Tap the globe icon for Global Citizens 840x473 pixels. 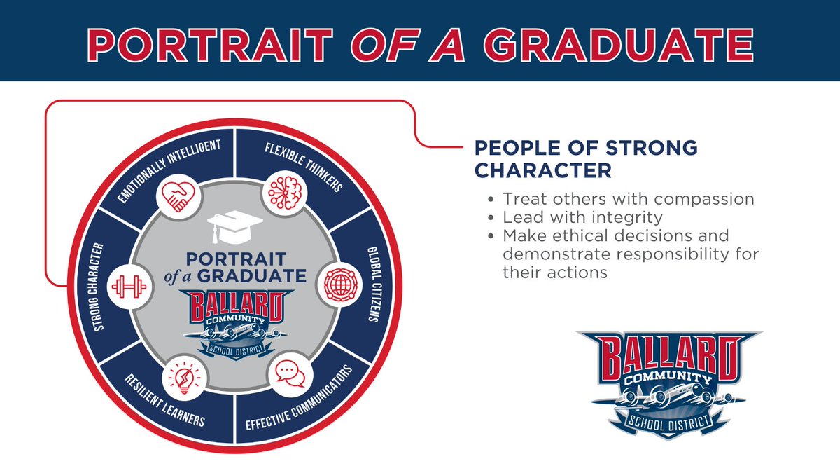[x=342, y=286]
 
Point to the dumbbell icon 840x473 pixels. [x=127, y=287]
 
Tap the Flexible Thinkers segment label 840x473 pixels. [x=303, y=166]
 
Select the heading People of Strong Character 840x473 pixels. [x=586, y=159]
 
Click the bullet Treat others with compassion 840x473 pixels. [x=628, y=199]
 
